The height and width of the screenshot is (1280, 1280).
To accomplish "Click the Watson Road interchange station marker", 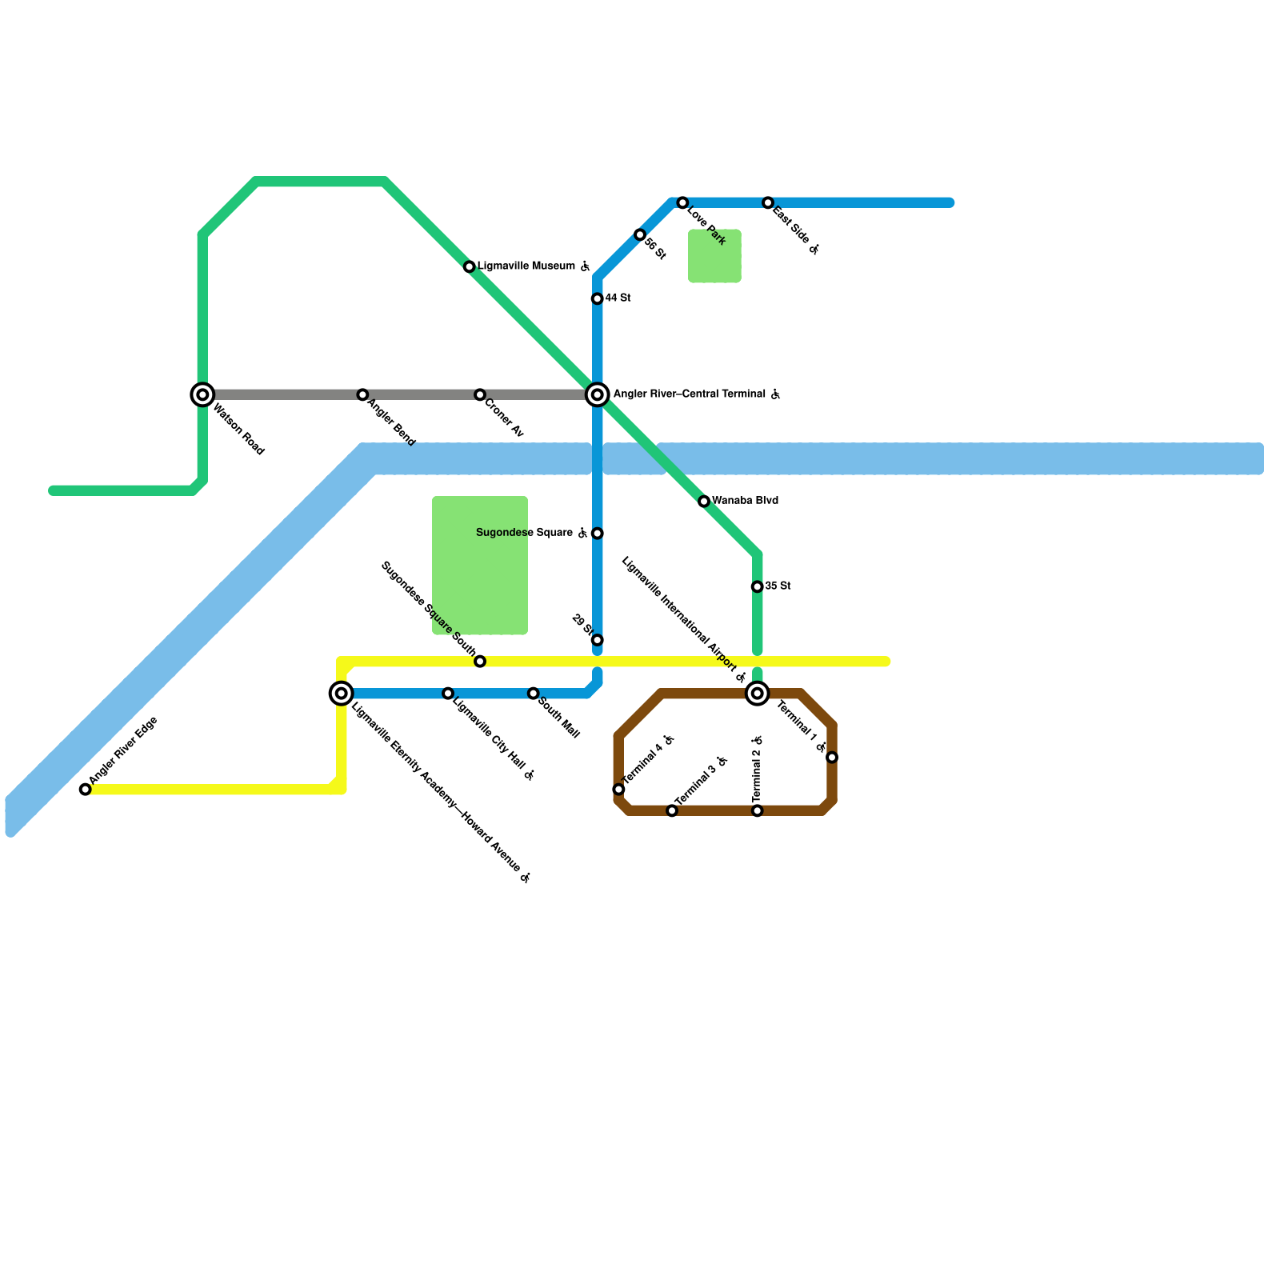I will (203, 394).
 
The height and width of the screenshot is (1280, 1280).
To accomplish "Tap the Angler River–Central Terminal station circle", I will (598, 394).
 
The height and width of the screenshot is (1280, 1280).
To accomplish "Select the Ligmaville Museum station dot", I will (470, 266).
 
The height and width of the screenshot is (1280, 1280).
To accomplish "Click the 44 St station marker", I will (598, 298).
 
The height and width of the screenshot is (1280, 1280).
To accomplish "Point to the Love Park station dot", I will (682, 203).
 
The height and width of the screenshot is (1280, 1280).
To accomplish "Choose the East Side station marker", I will (768, 203).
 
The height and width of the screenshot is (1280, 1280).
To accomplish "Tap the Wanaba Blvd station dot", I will (704, 502).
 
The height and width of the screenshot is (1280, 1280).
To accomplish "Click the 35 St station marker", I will (758, 586).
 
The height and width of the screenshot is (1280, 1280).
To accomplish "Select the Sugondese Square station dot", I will (598, 534).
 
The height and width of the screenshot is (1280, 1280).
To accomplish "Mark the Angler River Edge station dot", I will (86, 790).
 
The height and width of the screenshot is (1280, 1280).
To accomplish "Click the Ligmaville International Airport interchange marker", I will (758, 694).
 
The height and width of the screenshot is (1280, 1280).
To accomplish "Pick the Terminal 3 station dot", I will (672, 811).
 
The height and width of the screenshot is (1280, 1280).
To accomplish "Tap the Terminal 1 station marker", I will (832, 758).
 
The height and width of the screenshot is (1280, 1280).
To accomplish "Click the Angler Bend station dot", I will (363, 394).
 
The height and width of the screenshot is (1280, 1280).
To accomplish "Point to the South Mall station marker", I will (534, 693).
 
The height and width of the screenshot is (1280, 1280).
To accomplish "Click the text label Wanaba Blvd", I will (745, 501).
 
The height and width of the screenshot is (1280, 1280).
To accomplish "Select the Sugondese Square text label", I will (524, 533).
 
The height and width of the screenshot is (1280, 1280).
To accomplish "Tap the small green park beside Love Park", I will (714, 256).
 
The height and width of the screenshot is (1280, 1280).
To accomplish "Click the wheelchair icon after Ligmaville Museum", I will (586, 266).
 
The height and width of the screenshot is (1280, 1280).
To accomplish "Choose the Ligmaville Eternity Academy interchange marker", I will (342, 694).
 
